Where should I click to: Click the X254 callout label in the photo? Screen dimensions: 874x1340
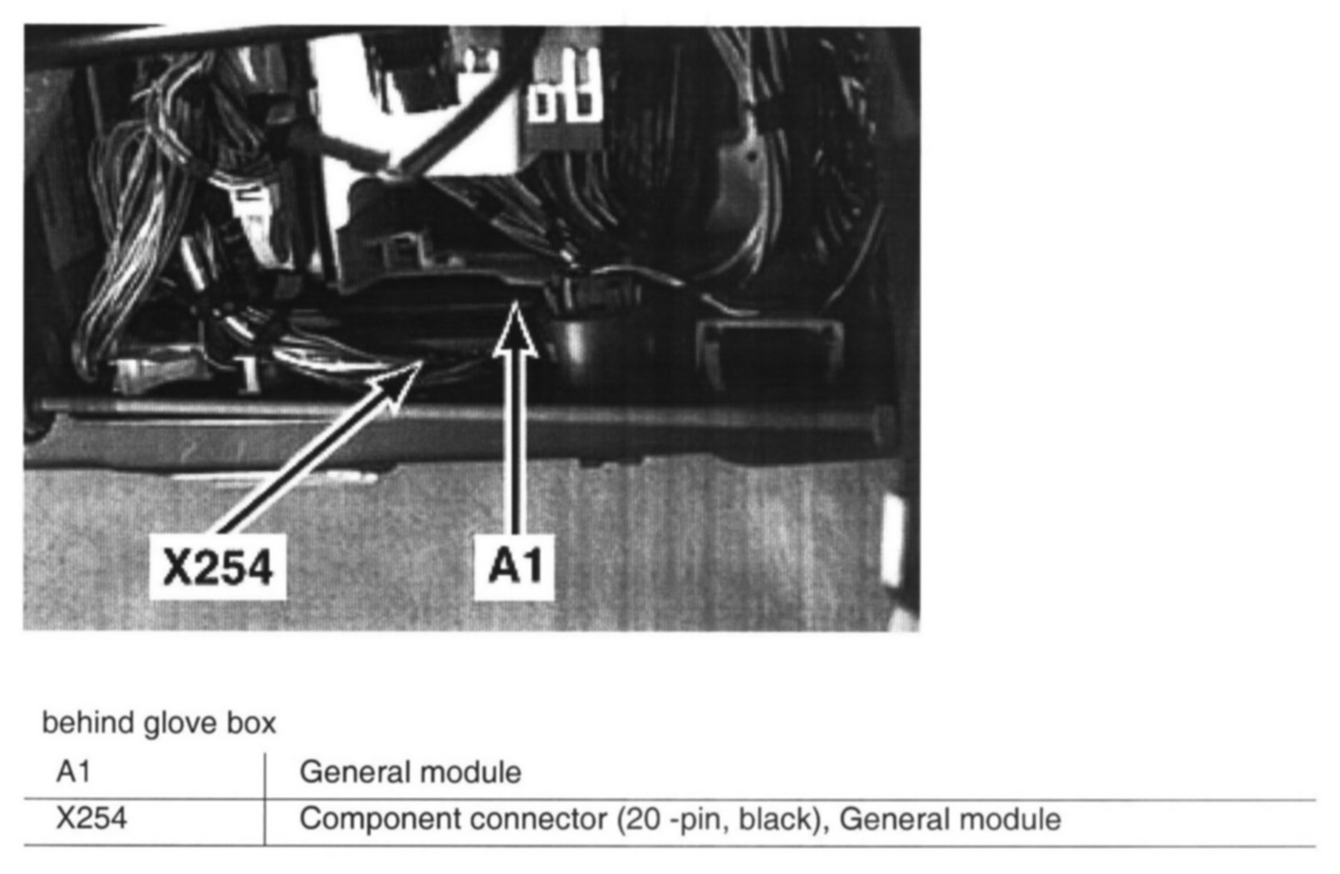(218, 568)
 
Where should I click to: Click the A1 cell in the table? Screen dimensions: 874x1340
(73, 772)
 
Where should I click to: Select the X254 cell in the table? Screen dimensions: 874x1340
(91, 818)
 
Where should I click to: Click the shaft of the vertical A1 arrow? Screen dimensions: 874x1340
(516, 448)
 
